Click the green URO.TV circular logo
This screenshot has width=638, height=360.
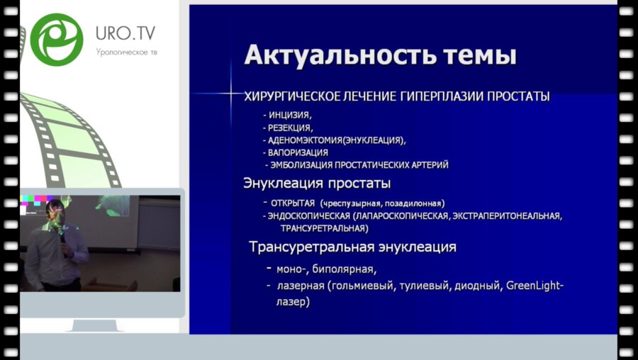[x=57, y=39]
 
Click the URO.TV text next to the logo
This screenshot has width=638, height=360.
[x=125, y=33]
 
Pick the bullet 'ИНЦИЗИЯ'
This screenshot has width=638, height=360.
[x=289, y=114]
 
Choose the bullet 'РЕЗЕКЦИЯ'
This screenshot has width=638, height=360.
[x=289, y=128]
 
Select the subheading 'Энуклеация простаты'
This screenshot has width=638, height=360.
[x=317, y=184]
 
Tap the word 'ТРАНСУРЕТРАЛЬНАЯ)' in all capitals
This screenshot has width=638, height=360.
[x=324, y=229]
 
